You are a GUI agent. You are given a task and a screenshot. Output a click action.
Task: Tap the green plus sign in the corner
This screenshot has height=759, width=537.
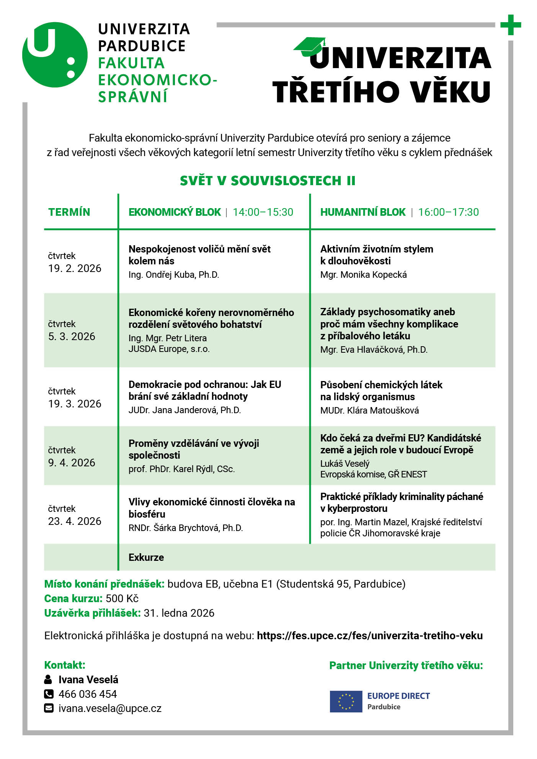click(511, 25)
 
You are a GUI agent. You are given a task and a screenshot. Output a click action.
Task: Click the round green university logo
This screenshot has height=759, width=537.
click(55, 55)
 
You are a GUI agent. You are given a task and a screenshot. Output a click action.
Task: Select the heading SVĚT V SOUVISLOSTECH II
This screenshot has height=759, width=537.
click(268, 181)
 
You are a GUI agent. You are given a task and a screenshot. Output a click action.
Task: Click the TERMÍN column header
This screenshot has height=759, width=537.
click(69, 212)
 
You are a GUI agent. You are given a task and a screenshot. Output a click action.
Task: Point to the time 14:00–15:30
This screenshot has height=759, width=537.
click(263, 212)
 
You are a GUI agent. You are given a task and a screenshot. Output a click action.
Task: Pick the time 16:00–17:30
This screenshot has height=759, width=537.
click(448, 212)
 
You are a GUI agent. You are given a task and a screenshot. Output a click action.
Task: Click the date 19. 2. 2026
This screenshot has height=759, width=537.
click(75, 269)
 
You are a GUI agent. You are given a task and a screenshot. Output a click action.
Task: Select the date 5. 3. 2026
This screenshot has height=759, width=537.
click(72, 337)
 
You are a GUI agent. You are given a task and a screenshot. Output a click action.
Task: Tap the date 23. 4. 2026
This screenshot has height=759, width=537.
click(75, 521)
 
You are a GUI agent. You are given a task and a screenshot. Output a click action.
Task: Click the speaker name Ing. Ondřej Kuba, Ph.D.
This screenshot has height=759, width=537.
click(174, 275)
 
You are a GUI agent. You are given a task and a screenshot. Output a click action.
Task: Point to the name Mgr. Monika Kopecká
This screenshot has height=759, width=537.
click(363, 275)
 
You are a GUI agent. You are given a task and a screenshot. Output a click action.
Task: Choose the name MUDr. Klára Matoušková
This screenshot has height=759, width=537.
click(369, 410)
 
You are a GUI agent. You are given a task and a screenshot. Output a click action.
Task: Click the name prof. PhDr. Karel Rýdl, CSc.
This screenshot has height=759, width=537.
click(181, 469)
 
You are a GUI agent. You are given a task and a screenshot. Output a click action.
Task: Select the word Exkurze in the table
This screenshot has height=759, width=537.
click(146, 557)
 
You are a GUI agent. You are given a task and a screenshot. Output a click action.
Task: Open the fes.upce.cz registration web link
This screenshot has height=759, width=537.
click(369, 636)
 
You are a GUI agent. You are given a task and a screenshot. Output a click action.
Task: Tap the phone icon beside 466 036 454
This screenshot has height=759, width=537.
click(49, 694)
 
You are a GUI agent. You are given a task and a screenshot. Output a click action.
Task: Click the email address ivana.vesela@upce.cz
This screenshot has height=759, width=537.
click(110, 709)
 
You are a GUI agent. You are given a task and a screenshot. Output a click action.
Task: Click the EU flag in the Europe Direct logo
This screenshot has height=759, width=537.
click(346, 702)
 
